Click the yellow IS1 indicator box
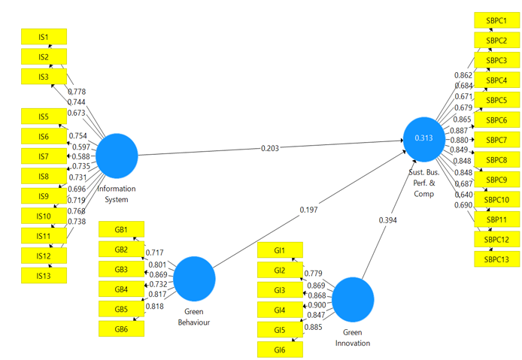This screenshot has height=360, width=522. pos(43,36)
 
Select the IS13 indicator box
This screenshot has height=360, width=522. pos(43,275)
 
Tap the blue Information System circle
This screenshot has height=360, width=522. pos(117,155)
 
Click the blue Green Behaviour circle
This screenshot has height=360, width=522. pos(195,278)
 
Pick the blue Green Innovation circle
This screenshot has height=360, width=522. pos(354,299)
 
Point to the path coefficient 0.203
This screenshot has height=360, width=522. pos(270,148)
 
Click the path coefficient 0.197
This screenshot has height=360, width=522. pos(308,210)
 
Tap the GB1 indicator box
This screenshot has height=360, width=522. pos(121,229)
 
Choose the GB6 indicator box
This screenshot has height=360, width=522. pos(121,328)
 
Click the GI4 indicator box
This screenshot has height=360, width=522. pos(280,310)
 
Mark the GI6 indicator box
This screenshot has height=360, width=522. pos(280,349)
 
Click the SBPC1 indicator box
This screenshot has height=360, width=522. pos(496,20)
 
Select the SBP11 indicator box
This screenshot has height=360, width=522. pos(496,219)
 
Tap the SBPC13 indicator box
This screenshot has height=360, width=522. pos(496,259)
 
